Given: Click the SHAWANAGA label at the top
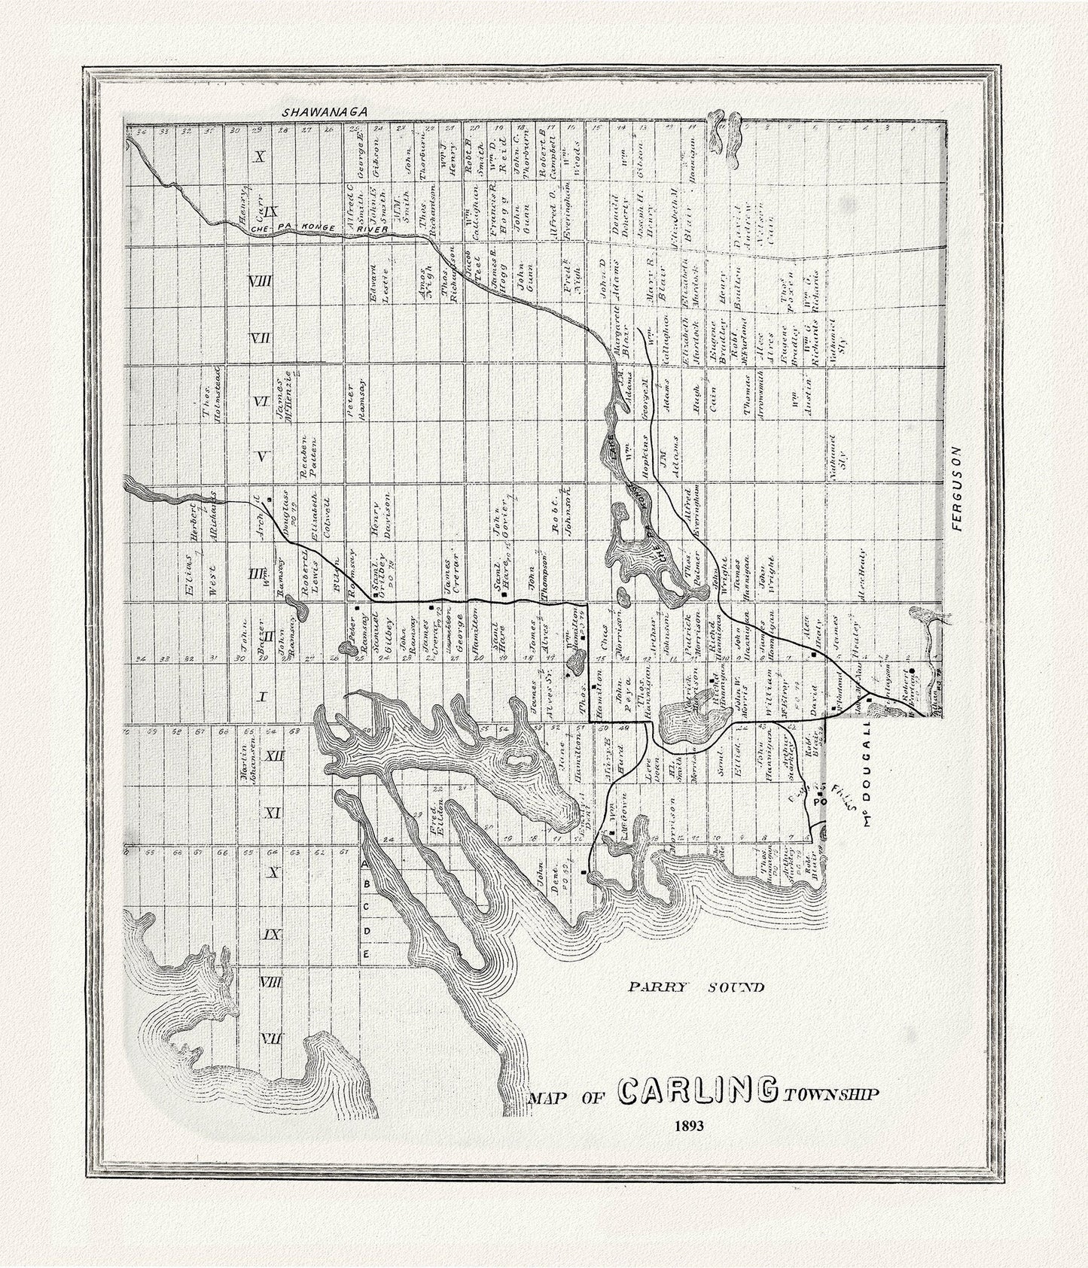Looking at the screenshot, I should pyautogui.click(x=324, y=111).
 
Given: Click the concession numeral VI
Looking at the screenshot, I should pyautogui.click(x=261, y=401).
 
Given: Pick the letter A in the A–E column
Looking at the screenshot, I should pyautogui.click(x=365, y=864).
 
